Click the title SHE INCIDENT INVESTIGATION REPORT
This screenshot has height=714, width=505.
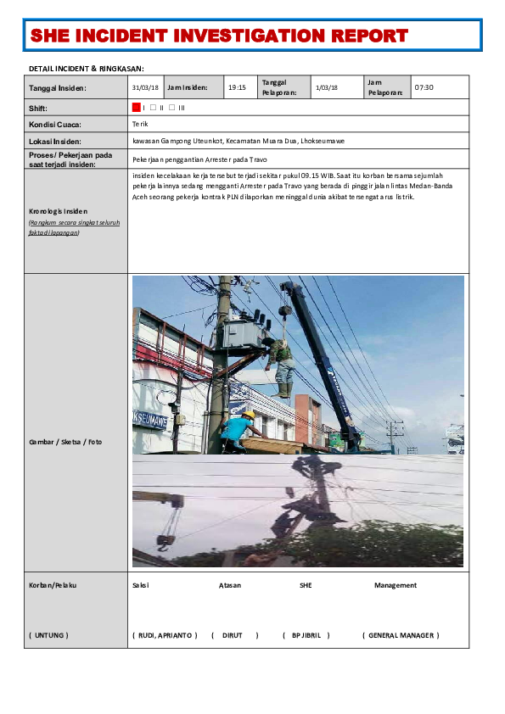click(219, 36)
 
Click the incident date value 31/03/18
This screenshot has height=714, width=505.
click(145, 87)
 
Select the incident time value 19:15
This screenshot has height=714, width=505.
click(237, 87)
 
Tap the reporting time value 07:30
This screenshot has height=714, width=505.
click(424, 87)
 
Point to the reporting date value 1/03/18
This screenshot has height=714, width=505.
click(326, 87)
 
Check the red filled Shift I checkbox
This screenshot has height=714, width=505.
click(136, 108)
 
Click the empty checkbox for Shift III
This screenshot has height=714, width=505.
click(172, 108)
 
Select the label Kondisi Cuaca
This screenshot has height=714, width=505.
click(54, 125)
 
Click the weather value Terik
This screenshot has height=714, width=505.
click(140, 125)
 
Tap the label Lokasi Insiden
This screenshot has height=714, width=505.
click(55, 141)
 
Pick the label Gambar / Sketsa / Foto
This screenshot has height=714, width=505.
click(65, 441)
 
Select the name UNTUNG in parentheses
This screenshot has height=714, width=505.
click(49, 635)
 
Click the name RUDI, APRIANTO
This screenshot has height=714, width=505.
click(165, 635)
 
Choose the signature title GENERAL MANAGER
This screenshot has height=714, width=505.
click(401, 635)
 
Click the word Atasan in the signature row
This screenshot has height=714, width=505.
click(230, 585)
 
